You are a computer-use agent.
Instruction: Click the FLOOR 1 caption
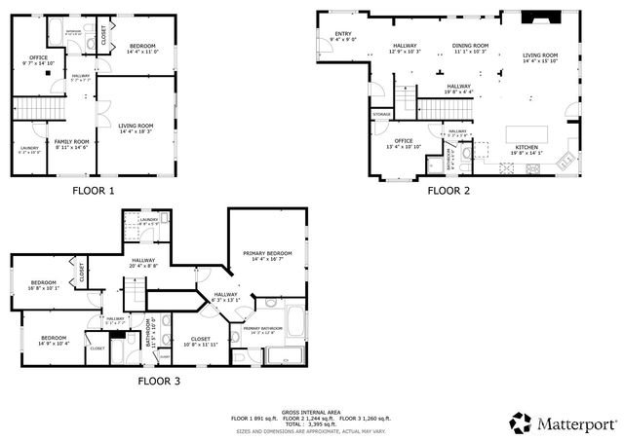click(93, 191)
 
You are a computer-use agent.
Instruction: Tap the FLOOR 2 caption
click(448, 191)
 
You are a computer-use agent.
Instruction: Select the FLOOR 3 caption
click(158, 381)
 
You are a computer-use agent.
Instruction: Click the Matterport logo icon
click(521, 422)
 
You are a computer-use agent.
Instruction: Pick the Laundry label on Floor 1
click(29, 149)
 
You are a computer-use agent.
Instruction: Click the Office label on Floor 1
click(38, 59)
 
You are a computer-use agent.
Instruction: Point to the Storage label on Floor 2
click(381, 115)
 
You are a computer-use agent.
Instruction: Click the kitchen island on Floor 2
click(526, 132)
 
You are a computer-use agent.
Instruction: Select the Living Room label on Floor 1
click(136, 127)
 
